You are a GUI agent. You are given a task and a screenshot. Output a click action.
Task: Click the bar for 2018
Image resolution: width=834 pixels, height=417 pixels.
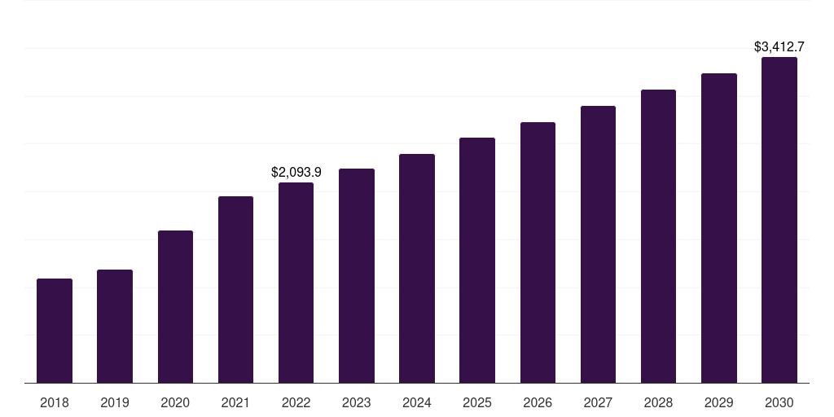coord(55,331)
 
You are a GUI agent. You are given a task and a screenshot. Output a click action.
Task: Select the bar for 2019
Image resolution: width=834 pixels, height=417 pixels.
coord(115,326)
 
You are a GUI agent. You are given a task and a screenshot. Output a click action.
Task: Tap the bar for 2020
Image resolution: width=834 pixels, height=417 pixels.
coord(175,306)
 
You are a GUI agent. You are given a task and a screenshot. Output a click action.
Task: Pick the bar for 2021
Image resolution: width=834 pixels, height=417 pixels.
coord(235,289)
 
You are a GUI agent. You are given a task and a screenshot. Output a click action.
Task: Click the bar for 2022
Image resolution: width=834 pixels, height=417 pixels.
coord(296,283)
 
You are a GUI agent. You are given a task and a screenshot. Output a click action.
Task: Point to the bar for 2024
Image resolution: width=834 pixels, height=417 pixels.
coord(417,268)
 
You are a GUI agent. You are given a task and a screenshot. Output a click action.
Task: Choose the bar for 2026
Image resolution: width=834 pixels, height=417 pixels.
coord(538,252)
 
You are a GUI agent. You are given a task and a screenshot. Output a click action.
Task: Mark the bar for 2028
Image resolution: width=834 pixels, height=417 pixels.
coord(658,236)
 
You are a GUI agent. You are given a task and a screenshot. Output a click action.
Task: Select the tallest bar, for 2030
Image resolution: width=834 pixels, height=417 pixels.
coord(779,220)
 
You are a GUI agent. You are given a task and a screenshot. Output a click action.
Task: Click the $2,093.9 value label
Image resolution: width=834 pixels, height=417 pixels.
coord(296,172)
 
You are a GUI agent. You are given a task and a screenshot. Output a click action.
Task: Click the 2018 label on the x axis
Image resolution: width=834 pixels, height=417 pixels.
coord(55,402)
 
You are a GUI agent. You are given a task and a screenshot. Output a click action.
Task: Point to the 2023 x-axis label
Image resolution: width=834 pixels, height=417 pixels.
coord(356,402)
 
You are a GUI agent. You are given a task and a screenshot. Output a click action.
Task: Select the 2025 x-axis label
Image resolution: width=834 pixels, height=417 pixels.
coord(477,402)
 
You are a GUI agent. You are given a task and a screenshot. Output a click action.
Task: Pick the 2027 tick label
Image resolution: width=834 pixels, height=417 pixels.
coord(598,402)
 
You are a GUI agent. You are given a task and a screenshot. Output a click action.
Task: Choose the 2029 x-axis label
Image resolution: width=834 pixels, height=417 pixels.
coord(718,402)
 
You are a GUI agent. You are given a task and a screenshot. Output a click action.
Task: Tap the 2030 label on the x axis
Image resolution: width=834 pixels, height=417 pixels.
coord(779,402)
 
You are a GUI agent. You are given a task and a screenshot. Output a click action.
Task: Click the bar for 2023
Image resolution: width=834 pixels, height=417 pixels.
coord(356,275)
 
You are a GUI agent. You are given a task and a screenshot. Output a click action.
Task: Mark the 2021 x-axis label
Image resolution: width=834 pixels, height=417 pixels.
coord(235,402)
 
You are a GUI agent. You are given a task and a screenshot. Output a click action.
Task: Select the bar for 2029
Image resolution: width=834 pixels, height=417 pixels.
coord(718,228)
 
